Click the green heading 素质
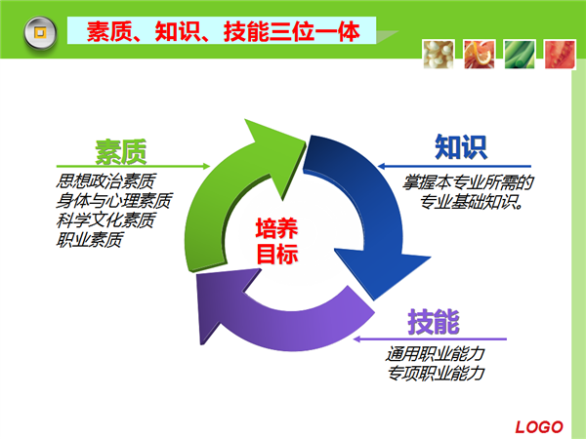[121, 151]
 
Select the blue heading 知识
[461, 148]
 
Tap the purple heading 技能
[434, 321]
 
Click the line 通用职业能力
[436, 353]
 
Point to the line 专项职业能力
[436, 373]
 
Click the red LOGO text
[539, 425]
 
